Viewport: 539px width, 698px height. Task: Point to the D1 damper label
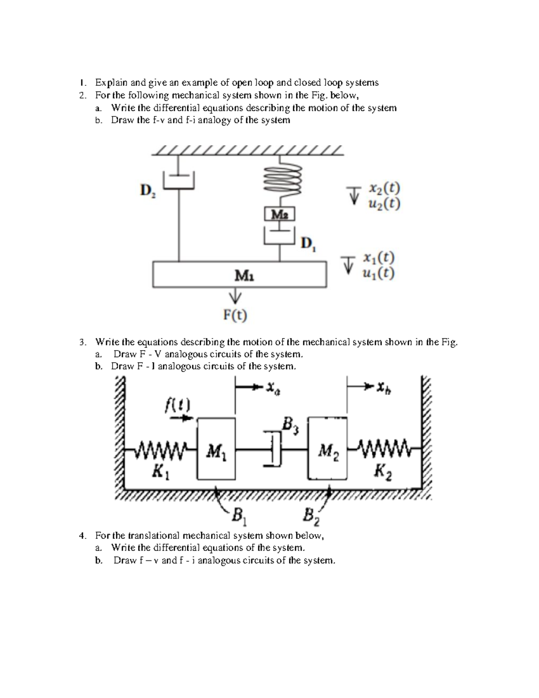click(x=309, y=244)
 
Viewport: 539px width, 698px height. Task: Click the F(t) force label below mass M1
click(x=235, y=316)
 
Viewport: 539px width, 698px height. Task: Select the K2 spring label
click(x=383, y=472)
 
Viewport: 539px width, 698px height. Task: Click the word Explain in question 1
click(x=111, y=83)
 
